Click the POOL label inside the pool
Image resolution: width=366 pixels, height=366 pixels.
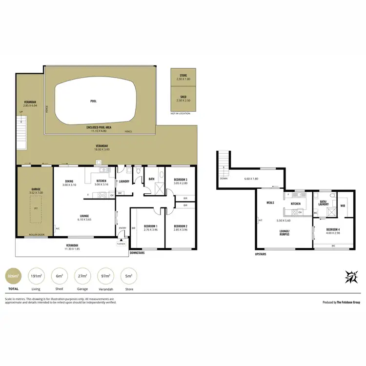pyautogui.click(x=93, y=101)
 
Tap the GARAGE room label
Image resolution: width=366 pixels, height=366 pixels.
pyautogui.click(x=35, y=190)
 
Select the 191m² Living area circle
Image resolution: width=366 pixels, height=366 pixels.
pyautogui.click(x=36, y=276)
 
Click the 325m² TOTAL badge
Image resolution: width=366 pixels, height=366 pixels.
pyautogui.click(x=13, y=276)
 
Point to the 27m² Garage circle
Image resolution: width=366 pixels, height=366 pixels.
pyautogui.click(x=83, y=276)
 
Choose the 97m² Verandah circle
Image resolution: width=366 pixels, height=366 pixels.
pyautogui.click(x=106, y=276)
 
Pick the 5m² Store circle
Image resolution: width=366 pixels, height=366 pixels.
pyautogui.click(x=129, y=276)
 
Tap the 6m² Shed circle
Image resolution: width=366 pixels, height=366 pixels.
pyautogui.click(x=60, y=276)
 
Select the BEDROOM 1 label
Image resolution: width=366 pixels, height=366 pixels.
pyautogui.click(x=150, y=226)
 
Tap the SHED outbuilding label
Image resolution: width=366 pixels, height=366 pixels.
pyautogui.click(x=183, y=97)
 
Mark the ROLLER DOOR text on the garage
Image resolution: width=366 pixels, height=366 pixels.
pyautogui.click(x=37, y=235)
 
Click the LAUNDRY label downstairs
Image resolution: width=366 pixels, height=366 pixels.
pyautogui.click(x=124, y=182)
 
